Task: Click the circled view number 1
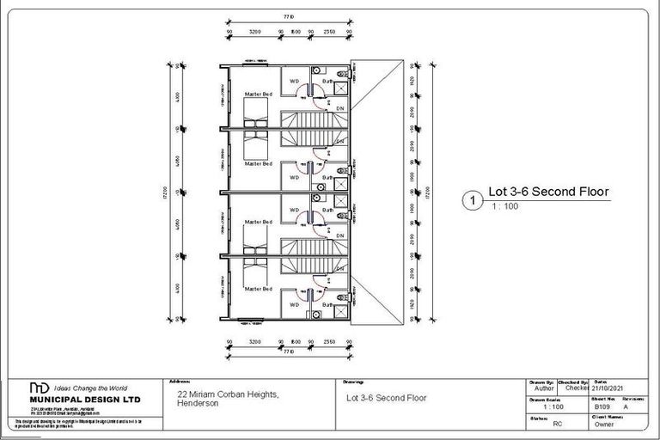tap(470, 200)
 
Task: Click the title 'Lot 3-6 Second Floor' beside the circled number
tap(548, 192)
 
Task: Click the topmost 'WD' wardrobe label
tap(295, 82)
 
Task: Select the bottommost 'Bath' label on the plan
tap(327, 304)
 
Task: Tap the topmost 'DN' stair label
tap(340, 109)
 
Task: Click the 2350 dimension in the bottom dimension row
tap(329, 342)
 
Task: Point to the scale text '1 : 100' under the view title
tap(505, 207)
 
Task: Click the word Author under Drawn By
tap(546, 388)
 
